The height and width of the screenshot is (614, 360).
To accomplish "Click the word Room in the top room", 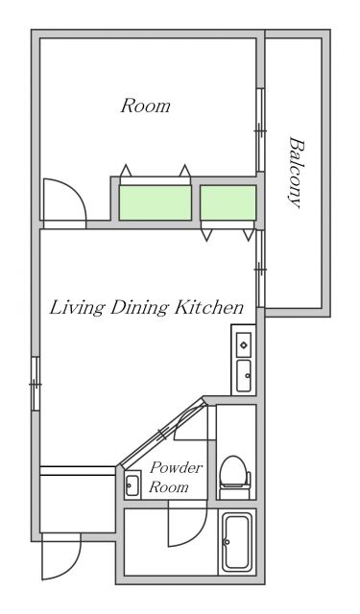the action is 145,106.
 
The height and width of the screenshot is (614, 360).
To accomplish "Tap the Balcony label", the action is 296,172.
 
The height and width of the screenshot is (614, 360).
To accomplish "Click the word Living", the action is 77,308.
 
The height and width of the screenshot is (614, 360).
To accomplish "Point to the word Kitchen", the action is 208,307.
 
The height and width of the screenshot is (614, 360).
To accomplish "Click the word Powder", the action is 177,467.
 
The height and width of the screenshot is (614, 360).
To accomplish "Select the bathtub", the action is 236,542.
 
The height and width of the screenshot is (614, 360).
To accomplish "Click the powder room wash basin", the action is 132,485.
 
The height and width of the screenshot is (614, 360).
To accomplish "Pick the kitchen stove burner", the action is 244,344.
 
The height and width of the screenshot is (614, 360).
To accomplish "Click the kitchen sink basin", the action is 244,375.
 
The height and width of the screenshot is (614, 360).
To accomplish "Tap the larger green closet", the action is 156,202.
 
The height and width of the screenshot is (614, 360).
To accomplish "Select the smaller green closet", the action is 228,202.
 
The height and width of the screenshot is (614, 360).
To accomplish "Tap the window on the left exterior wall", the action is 36,384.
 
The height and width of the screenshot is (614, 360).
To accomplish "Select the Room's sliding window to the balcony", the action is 260,130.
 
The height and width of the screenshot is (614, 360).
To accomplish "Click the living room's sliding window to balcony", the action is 260,269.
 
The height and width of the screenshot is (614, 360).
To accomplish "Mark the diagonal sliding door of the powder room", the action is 162,433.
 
